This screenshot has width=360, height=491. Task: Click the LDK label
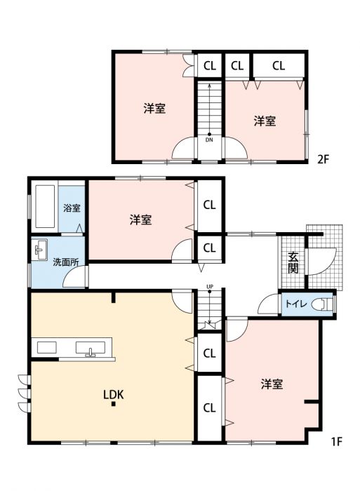tap(114, 394)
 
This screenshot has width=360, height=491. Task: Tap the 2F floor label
tap(324, 160)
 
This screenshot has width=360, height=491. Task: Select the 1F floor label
tap(337, 441)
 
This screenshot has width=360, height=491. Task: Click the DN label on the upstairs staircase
tap(209, 140)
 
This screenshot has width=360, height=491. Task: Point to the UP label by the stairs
tap(210, 286)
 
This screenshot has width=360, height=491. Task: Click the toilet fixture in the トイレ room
tap(322, 304)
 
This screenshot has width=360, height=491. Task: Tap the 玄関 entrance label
tap(293, 262)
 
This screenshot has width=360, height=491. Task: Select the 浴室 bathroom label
tap(72, 208)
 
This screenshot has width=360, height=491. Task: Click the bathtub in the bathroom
tap(46, 207)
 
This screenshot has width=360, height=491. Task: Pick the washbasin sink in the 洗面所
tap(39, 250)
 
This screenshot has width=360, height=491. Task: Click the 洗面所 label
tap(66, 262)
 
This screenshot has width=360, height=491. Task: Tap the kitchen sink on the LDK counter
tap(91, 349)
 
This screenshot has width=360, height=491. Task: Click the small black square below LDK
tap(114, 404)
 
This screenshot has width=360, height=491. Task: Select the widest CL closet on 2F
tap(279, 66)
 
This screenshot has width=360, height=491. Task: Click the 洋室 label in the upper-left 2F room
tap(154, 108)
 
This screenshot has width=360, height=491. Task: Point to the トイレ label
tap(295, 304)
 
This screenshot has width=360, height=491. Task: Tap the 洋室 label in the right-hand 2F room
tap(265, 121)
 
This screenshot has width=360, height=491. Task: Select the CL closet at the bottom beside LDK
tap(209, 408)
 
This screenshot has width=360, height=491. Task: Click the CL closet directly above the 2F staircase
tap(210, 66)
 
